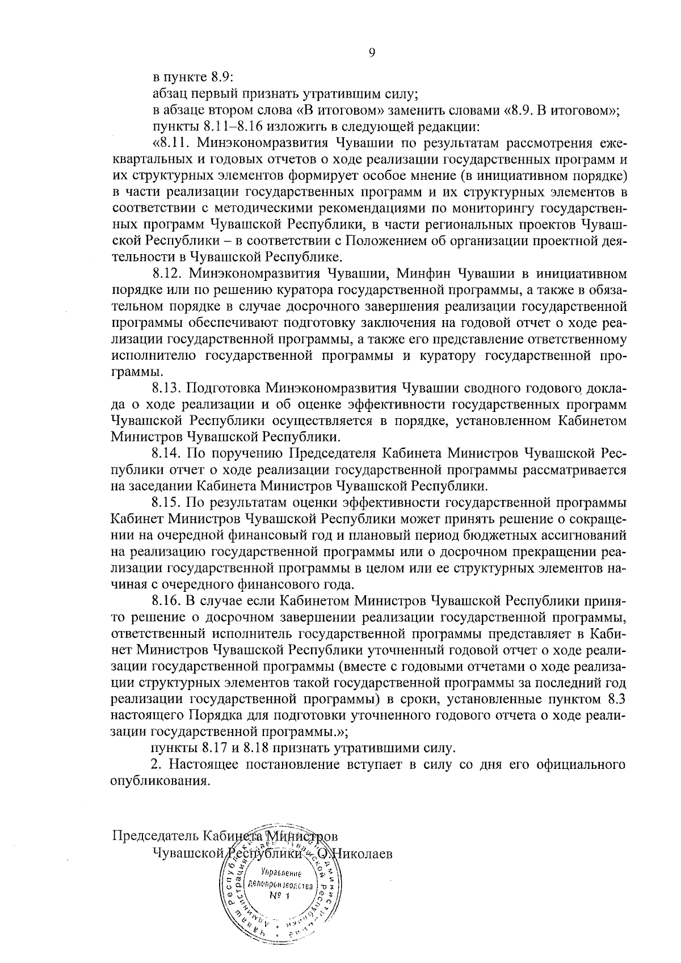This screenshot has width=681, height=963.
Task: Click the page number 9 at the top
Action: [372, 53]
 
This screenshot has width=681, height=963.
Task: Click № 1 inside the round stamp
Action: [279, 895]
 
